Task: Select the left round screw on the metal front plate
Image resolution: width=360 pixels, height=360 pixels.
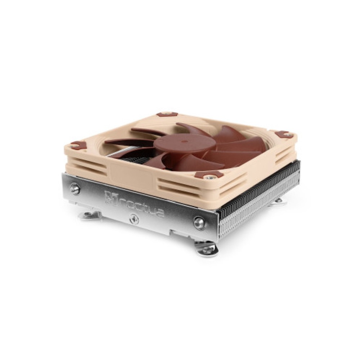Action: coord(75,188)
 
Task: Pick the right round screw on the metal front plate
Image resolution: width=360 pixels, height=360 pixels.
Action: coord(198,221)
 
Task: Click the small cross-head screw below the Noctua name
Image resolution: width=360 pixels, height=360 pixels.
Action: coord(134,219)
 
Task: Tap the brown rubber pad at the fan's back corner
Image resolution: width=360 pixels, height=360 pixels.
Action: coord(167,114)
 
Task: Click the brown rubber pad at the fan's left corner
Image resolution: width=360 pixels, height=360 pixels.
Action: coord(79,145)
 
